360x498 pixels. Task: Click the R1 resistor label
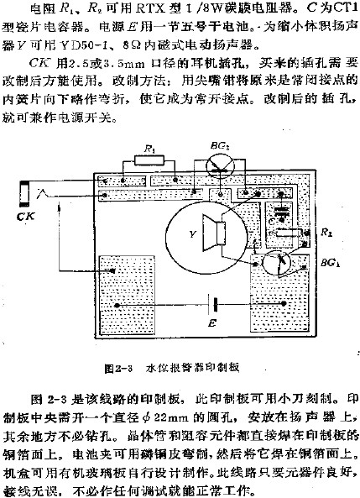point(149,149)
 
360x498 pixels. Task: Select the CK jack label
point(26,216)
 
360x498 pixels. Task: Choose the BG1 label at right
point(328,264)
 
